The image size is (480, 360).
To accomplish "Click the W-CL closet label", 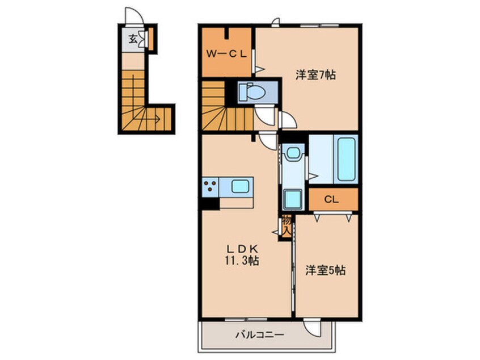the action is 226,55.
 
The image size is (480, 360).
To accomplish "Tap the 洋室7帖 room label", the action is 315,74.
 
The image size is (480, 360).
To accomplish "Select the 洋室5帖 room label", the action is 326,270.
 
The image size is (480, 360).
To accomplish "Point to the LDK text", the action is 242,248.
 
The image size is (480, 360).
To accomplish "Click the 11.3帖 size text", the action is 242,261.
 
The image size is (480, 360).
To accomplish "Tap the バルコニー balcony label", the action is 260,334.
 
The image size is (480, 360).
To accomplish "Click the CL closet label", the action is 331,200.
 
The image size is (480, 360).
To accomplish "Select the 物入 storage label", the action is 287,225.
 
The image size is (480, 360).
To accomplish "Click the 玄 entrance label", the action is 133,39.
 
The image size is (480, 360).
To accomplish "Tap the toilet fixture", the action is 252,92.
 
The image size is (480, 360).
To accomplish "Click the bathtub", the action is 346,160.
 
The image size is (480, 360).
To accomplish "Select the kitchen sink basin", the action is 240,186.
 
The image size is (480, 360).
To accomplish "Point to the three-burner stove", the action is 210,186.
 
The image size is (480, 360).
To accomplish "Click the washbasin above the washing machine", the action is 293,153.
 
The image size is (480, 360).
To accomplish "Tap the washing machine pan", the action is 293,199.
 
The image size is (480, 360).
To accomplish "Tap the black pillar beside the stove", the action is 210,203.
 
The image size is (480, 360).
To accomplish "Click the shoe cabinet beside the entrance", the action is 150,39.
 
